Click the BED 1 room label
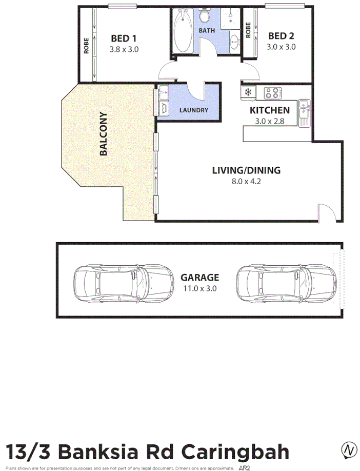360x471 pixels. point(124,37)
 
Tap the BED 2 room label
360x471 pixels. point(281,36)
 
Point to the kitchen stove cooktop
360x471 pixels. point(273,93)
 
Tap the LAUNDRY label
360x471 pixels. point(193,110)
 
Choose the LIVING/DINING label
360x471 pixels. point(247,170)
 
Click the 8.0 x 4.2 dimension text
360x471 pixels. point(247,181)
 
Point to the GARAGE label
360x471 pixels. point(199,278)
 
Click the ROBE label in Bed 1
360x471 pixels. point(86,46)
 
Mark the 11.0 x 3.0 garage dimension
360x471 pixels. point(199,288)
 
